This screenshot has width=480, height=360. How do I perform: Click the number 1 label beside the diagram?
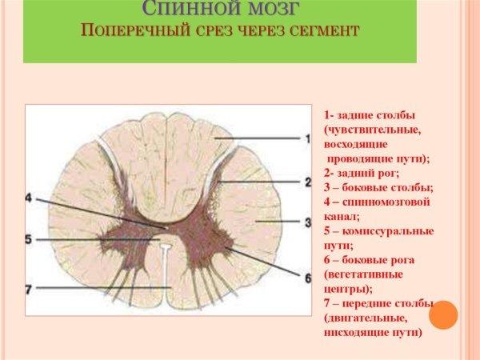click(x=306, y=138)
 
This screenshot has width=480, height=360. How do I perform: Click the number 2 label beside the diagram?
click(x=306, y=182)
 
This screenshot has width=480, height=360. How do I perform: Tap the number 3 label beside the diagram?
click(x=306, y=222)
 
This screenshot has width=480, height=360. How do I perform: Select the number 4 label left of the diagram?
click(x=29, y=198)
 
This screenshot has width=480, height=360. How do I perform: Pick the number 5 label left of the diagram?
click(x=29, y=239)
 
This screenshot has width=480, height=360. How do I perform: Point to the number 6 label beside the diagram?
click(x=306, y=278)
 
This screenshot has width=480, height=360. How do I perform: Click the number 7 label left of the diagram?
click(x=29, y=287)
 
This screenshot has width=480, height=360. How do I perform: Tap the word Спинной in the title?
click(x=191, y=10)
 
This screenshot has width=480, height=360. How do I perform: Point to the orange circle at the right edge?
click(x=443, y=314)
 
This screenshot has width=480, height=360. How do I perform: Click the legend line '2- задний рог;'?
click(x=362, y=172)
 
